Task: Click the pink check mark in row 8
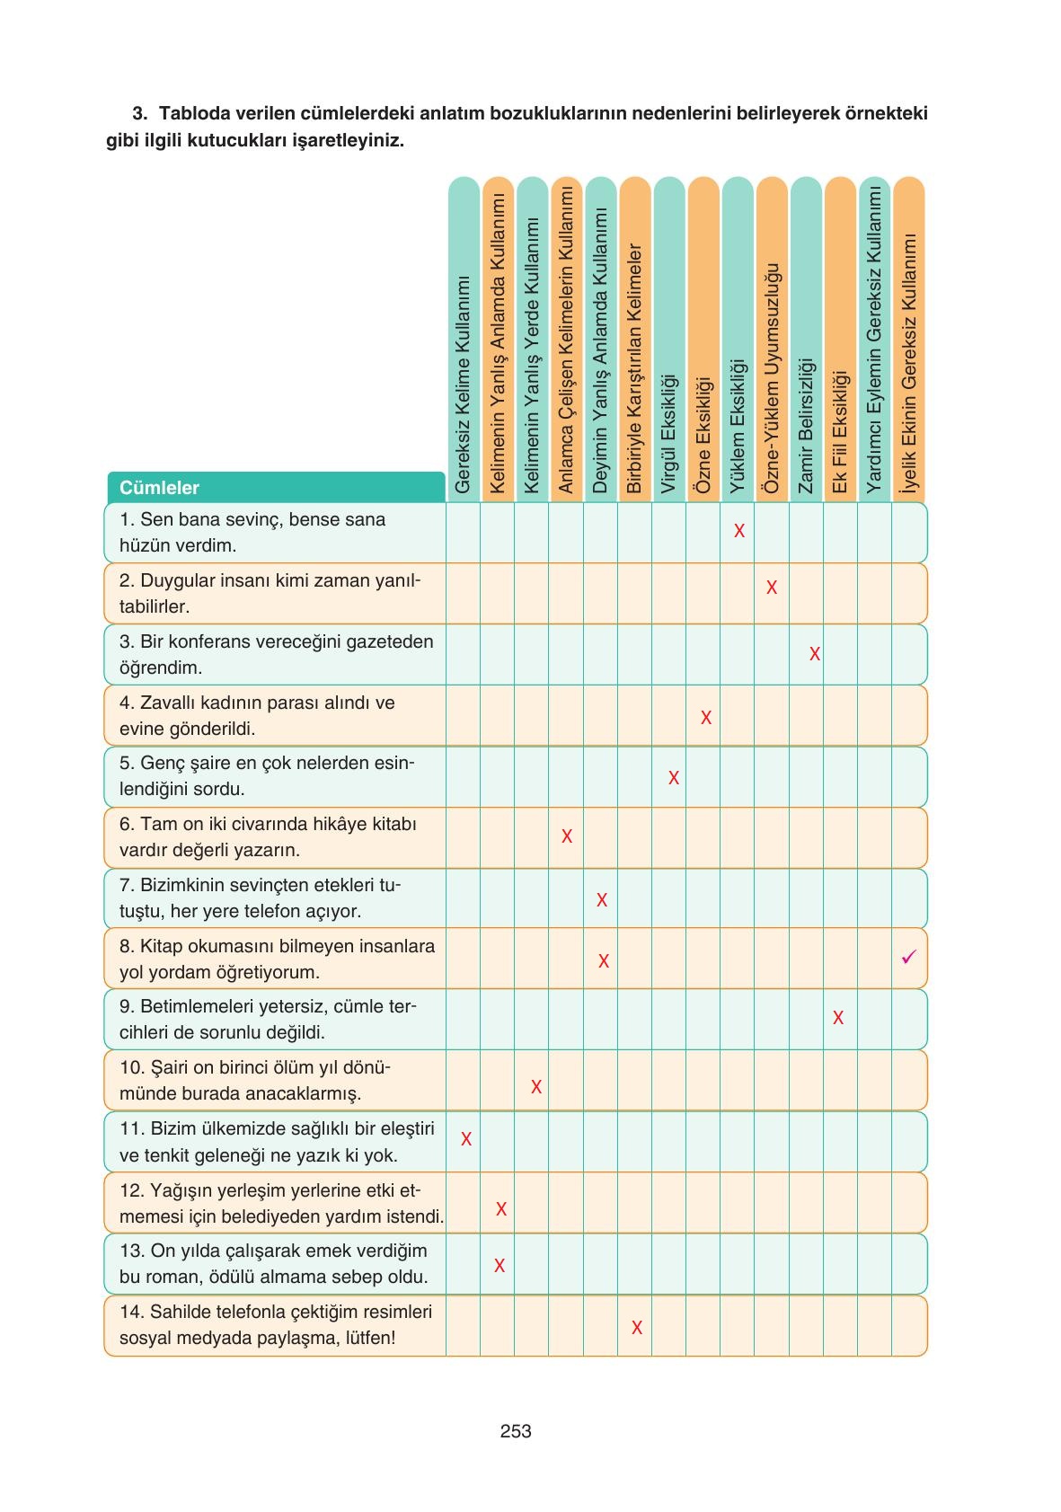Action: coord(908,958)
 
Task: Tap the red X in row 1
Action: coord(739,531)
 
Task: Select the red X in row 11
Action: coord(466,1139)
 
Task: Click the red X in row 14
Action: coord(637,1327)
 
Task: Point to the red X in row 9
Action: coord(838,1018)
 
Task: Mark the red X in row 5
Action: coord(674,778)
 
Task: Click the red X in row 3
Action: coord(815,654)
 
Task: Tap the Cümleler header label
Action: coord(159,488)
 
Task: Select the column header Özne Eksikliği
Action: coord(703,435)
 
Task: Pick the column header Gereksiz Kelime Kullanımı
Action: coord(463,385)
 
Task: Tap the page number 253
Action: coord(516,1431)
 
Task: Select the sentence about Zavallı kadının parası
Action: coord(256,715)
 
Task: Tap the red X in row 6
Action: coord(567,836)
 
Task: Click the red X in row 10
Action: coord(536,1087)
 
